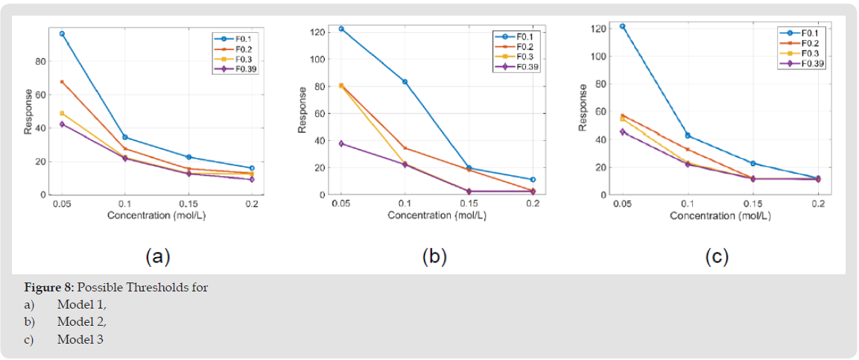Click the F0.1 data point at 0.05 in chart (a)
click(62, 34)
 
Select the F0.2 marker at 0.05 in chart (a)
click(62, 82)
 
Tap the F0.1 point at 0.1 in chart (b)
click(405, 81)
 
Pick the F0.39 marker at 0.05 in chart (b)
click(341, 143)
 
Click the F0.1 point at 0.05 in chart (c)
click(623, 26)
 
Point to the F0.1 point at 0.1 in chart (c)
click(688, 136)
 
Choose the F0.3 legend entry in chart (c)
click(811, 54)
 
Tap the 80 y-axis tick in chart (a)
click(44, 61)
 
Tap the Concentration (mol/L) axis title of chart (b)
click(437, 215)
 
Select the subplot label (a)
click(157, 257)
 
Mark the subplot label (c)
click(717, 257)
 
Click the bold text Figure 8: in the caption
click(48, 288)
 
